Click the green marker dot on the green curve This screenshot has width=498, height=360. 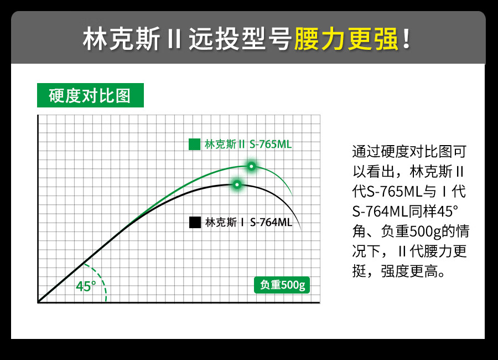point(252,166)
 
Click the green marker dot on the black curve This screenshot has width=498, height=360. point(237,184)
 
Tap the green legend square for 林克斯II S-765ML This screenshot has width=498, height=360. point(194,144)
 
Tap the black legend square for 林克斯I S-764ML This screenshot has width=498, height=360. point(195,222)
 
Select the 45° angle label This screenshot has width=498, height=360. point(86,286)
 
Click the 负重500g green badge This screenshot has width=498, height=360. point(282,285)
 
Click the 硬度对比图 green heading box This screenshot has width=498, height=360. point(91,95)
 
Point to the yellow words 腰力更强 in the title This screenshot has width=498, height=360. point(346,39)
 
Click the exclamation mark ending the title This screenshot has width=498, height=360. point(406,39)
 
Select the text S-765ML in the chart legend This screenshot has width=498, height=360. point(271,145)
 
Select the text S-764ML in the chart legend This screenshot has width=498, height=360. point(271,222)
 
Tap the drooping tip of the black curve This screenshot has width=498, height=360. point(300,229)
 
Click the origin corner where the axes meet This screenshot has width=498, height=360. point(38,302)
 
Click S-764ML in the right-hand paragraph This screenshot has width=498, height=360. point(380,212)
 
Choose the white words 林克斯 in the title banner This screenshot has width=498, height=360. point(121,39)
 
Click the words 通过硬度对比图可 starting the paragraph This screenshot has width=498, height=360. point(409,151)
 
